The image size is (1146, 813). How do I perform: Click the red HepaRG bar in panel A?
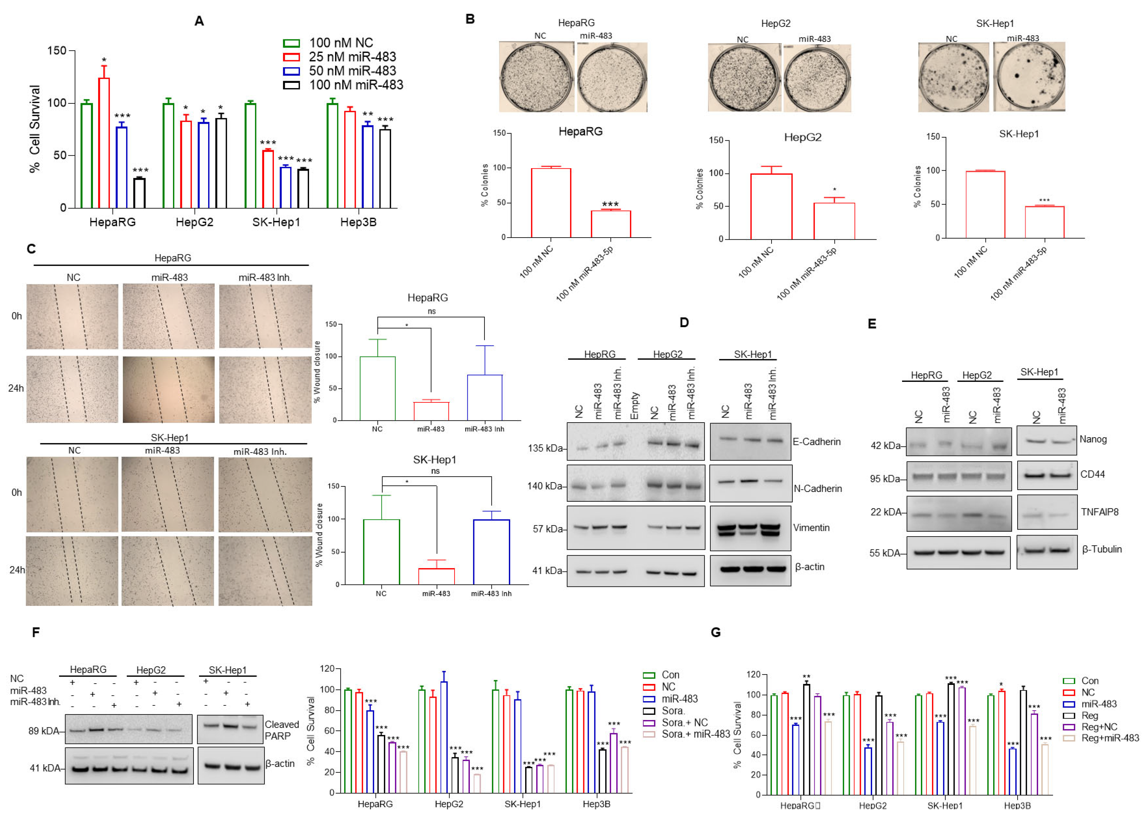click(104, 143)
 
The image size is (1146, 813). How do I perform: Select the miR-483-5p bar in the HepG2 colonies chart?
click(834, 221)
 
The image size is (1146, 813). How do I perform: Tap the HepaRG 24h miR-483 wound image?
click(169, 390)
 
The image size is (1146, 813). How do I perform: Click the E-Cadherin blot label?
click(816, 442)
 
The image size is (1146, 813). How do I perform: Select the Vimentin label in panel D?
click(811, 528)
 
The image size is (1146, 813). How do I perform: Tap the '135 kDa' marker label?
click(545, 448)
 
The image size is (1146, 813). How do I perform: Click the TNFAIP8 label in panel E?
click(1099, 512)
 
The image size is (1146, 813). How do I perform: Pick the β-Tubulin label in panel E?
click(1101, 549)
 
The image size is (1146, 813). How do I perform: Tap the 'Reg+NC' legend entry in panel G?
click(1099, 727)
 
